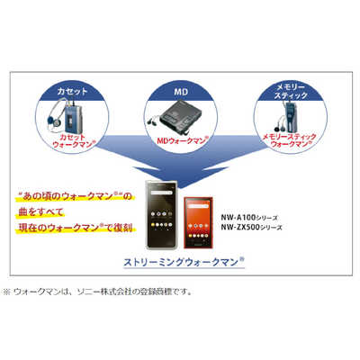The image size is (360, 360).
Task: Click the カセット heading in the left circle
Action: pos(72,92)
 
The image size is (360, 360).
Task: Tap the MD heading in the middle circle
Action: pos(181,92)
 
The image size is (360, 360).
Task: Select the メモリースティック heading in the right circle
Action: pos(291,91)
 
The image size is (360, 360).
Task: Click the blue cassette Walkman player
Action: pos(71,120)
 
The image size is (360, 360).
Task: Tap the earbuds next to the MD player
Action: pos(153,121)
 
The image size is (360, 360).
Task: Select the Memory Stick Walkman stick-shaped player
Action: pos(290,117)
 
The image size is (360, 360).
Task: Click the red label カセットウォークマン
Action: pos(74,140)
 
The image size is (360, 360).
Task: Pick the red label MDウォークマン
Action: pos(183,140)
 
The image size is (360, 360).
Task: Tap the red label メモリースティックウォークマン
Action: pos(290,140)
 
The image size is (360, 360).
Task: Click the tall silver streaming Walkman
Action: pos(161,215)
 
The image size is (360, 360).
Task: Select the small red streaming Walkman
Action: pos(198,222)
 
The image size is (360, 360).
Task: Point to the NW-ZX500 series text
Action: pos(251,227)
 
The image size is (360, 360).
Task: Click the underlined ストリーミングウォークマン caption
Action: pos(184,262)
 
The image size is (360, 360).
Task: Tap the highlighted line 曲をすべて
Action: pos(40,211)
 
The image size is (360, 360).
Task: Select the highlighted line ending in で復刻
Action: pos(75,228)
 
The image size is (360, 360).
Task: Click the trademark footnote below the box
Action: pos(97,292)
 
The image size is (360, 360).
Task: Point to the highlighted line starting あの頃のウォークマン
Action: pos(75,196)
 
